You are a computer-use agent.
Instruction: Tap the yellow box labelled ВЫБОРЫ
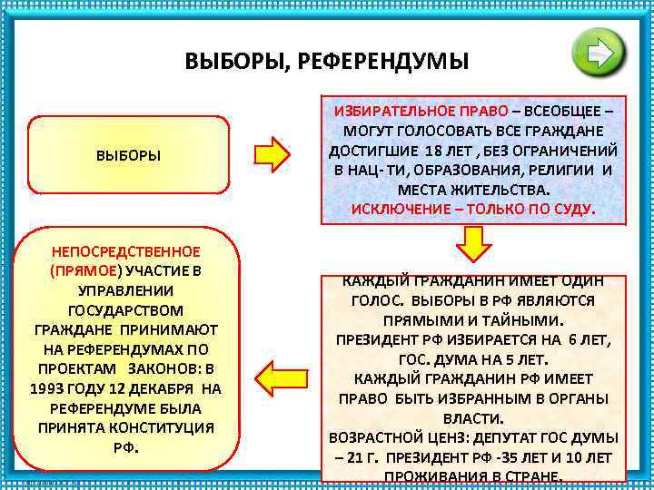[128, 155]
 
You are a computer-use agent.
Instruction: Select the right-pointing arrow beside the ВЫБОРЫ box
[272, 155]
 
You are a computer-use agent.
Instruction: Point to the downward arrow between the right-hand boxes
[473, 244]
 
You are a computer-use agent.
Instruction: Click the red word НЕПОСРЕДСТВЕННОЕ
[125, 251]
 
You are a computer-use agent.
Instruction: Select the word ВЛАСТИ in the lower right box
[472, 418]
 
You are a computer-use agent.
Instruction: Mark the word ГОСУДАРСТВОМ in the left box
[125, 309]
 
